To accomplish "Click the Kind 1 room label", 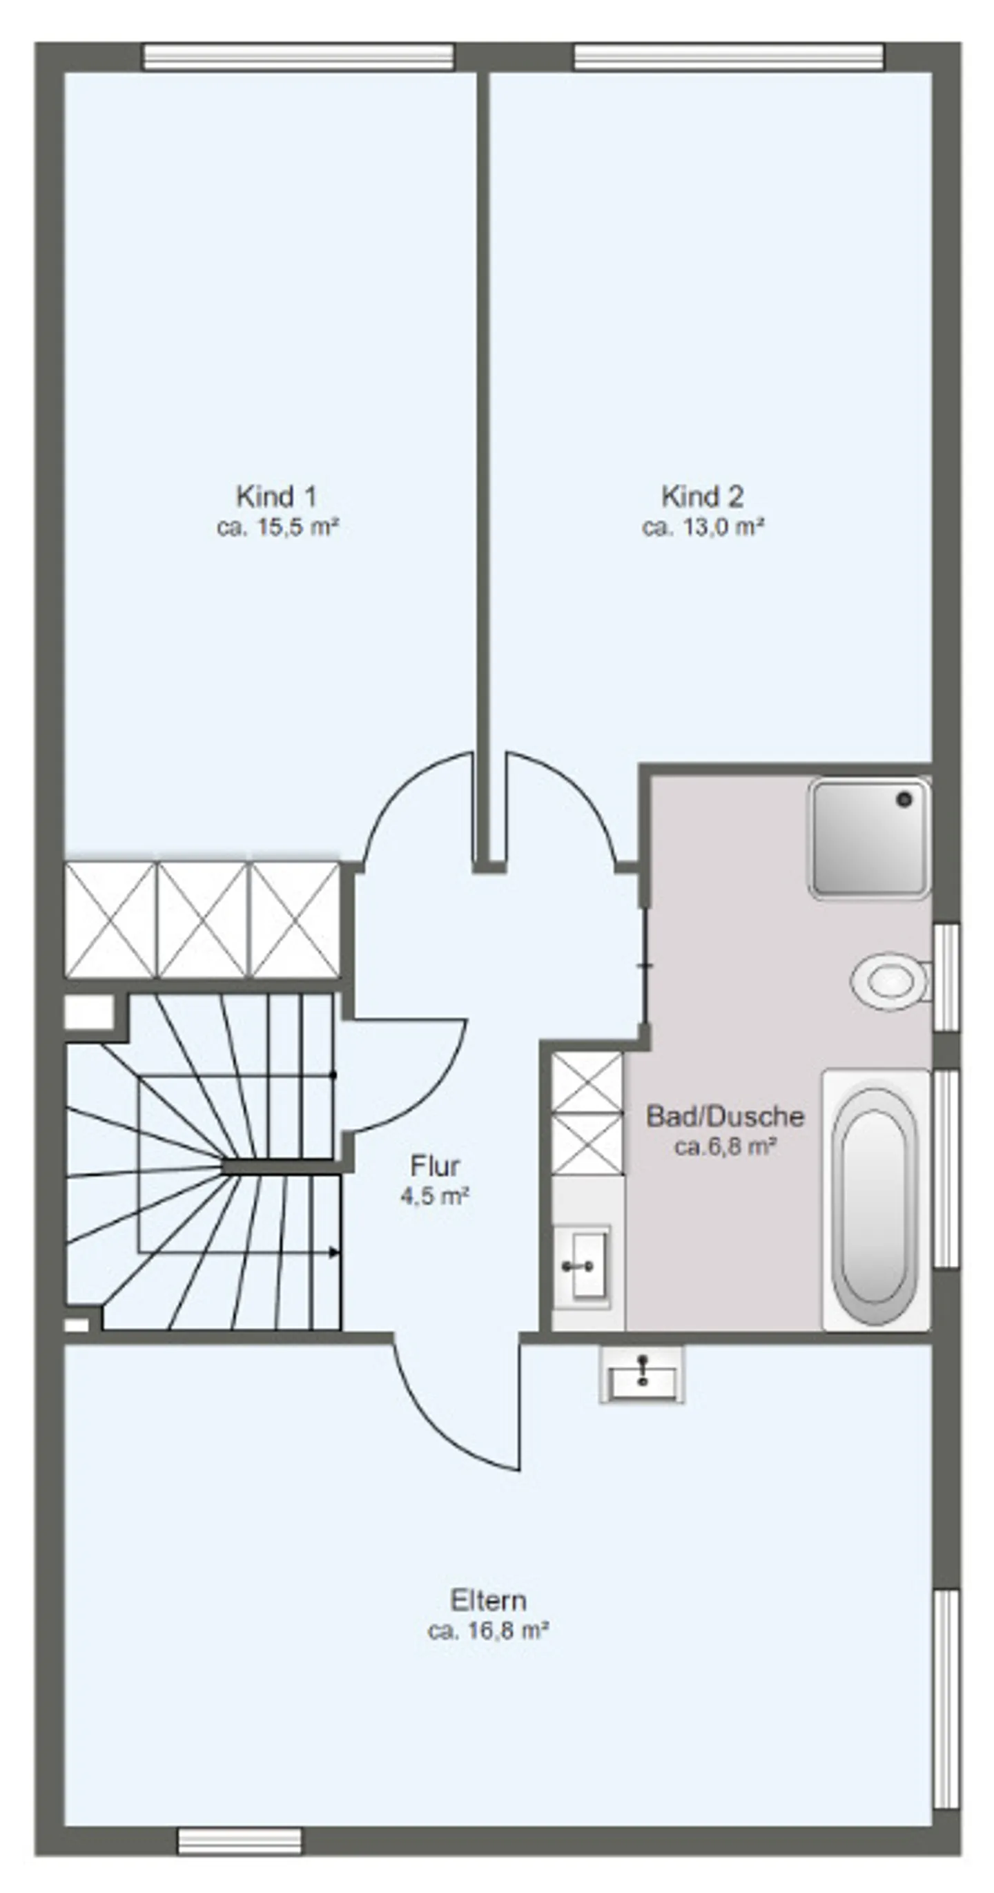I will tap(276, 497).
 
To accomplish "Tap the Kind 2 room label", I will tap(702, 497).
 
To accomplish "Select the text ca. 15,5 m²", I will tap(277, 528).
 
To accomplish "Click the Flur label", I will tap(435, 1166).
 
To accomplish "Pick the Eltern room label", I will tap(488, 1601).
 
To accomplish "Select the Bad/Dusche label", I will tap(725, 1116).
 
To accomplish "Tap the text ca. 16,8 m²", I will tap(489, 1631).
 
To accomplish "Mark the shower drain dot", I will tap(904, 800).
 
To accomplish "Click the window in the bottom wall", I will tap(240, 1842).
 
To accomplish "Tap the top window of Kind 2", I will tap(728, 57).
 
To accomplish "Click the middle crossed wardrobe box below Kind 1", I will tap(203, 920).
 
